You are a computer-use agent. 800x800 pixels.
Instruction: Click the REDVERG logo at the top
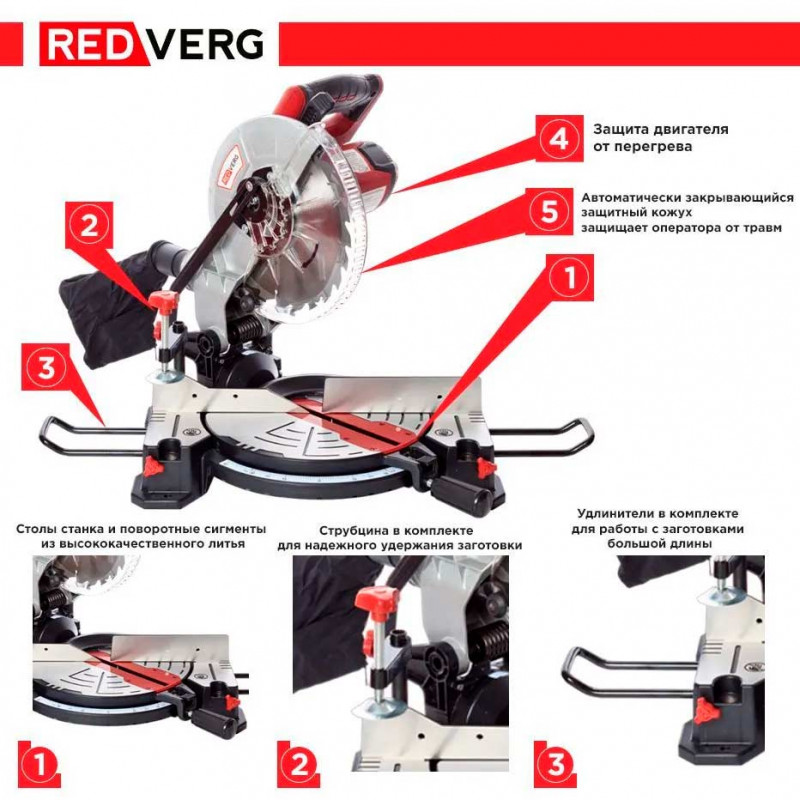tap(152, 44)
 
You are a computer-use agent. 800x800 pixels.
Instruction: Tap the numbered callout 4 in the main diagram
tap(559, 138)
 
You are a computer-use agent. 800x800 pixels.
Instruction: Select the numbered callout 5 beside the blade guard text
tap(549, 211)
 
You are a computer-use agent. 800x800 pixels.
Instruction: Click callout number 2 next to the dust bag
tap(89, 225)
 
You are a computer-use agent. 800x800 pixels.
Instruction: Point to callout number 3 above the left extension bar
tap(45, 367)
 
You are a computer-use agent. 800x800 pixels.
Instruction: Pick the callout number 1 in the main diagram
tap(570, 277)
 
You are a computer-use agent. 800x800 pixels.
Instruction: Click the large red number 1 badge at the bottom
tap(40, 764)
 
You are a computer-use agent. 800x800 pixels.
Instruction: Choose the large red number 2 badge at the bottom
tap(299, 764)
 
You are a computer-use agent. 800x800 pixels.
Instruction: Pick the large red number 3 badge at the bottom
tap(556, 764)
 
